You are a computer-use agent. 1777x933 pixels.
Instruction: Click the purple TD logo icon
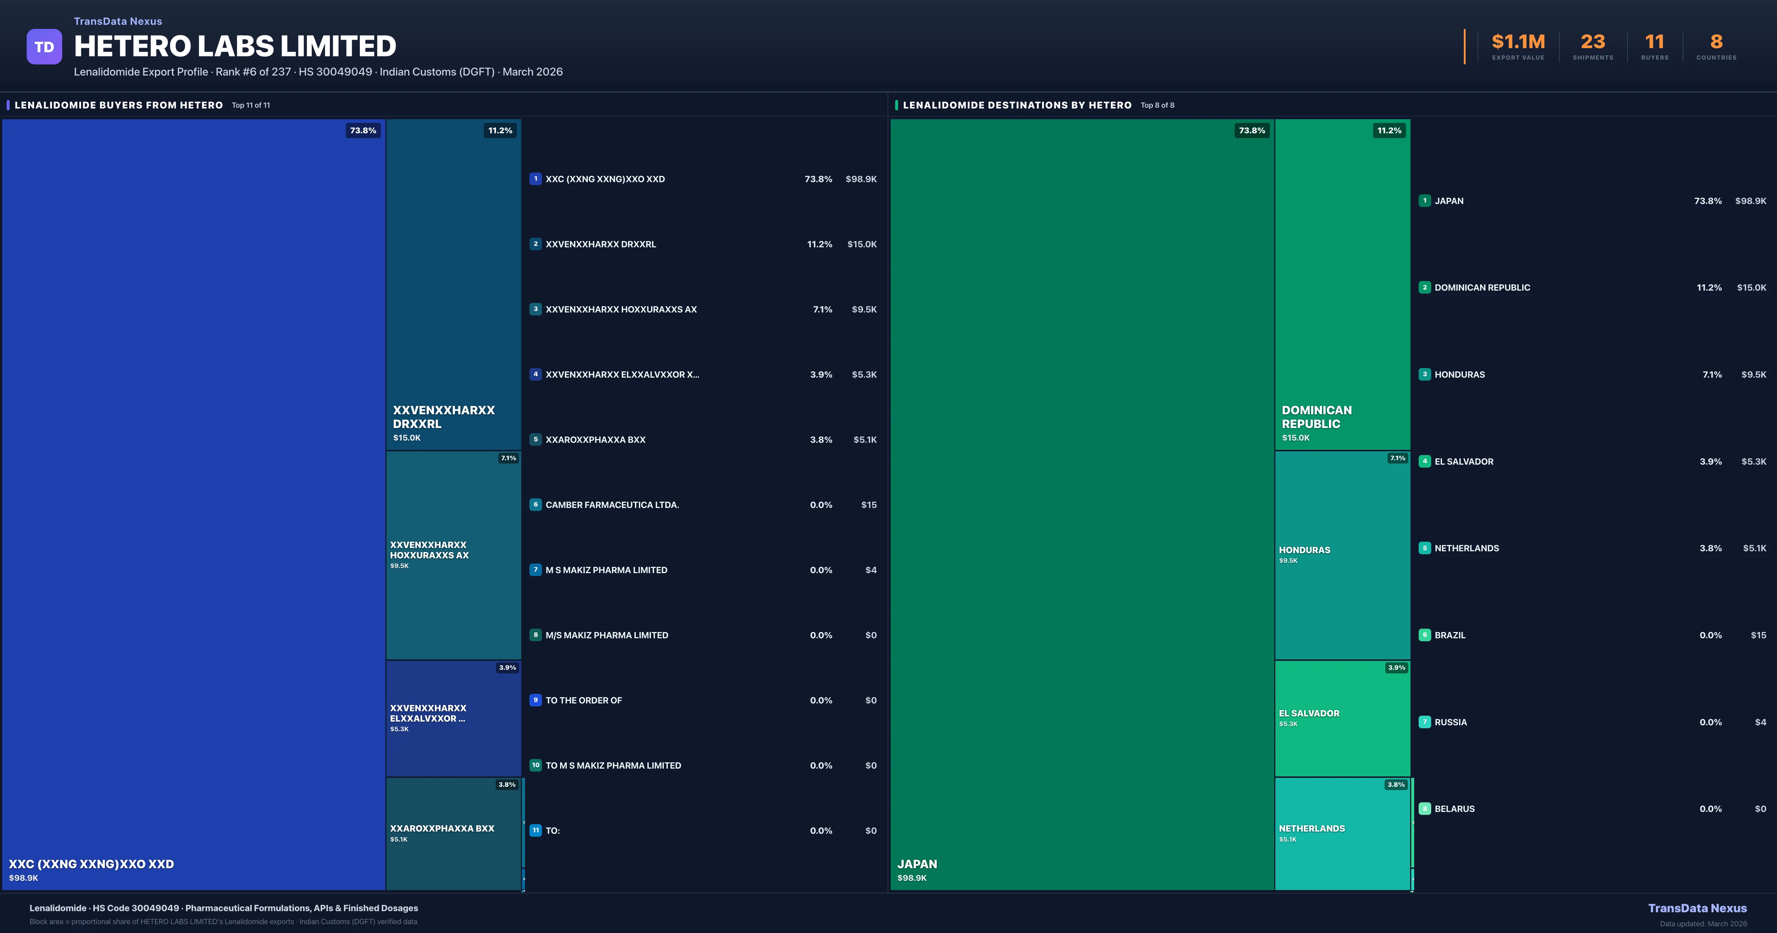click(44, 47)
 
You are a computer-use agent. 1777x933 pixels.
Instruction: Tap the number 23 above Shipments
click(1593, 42)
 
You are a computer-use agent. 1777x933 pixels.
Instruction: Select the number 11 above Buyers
click(1654, 42)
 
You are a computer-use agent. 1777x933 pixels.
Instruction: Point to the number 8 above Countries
click(1716, 42)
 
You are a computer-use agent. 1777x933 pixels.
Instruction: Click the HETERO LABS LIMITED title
click(235, 46)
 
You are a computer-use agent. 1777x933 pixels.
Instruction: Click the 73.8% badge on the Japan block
click(1251, 130)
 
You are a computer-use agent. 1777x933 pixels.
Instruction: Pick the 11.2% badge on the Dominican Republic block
click(1389, 130)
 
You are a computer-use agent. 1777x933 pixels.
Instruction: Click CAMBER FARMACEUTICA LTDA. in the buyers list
click(612, 505)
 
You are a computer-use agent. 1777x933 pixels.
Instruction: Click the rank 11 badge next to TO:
click(535, 830)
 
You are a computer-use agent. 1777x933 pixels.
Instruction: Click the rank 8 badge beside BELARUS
click(1425, 809)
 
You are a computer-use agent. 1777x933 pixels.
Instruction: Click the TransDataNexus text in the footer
click(1697, 908)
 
